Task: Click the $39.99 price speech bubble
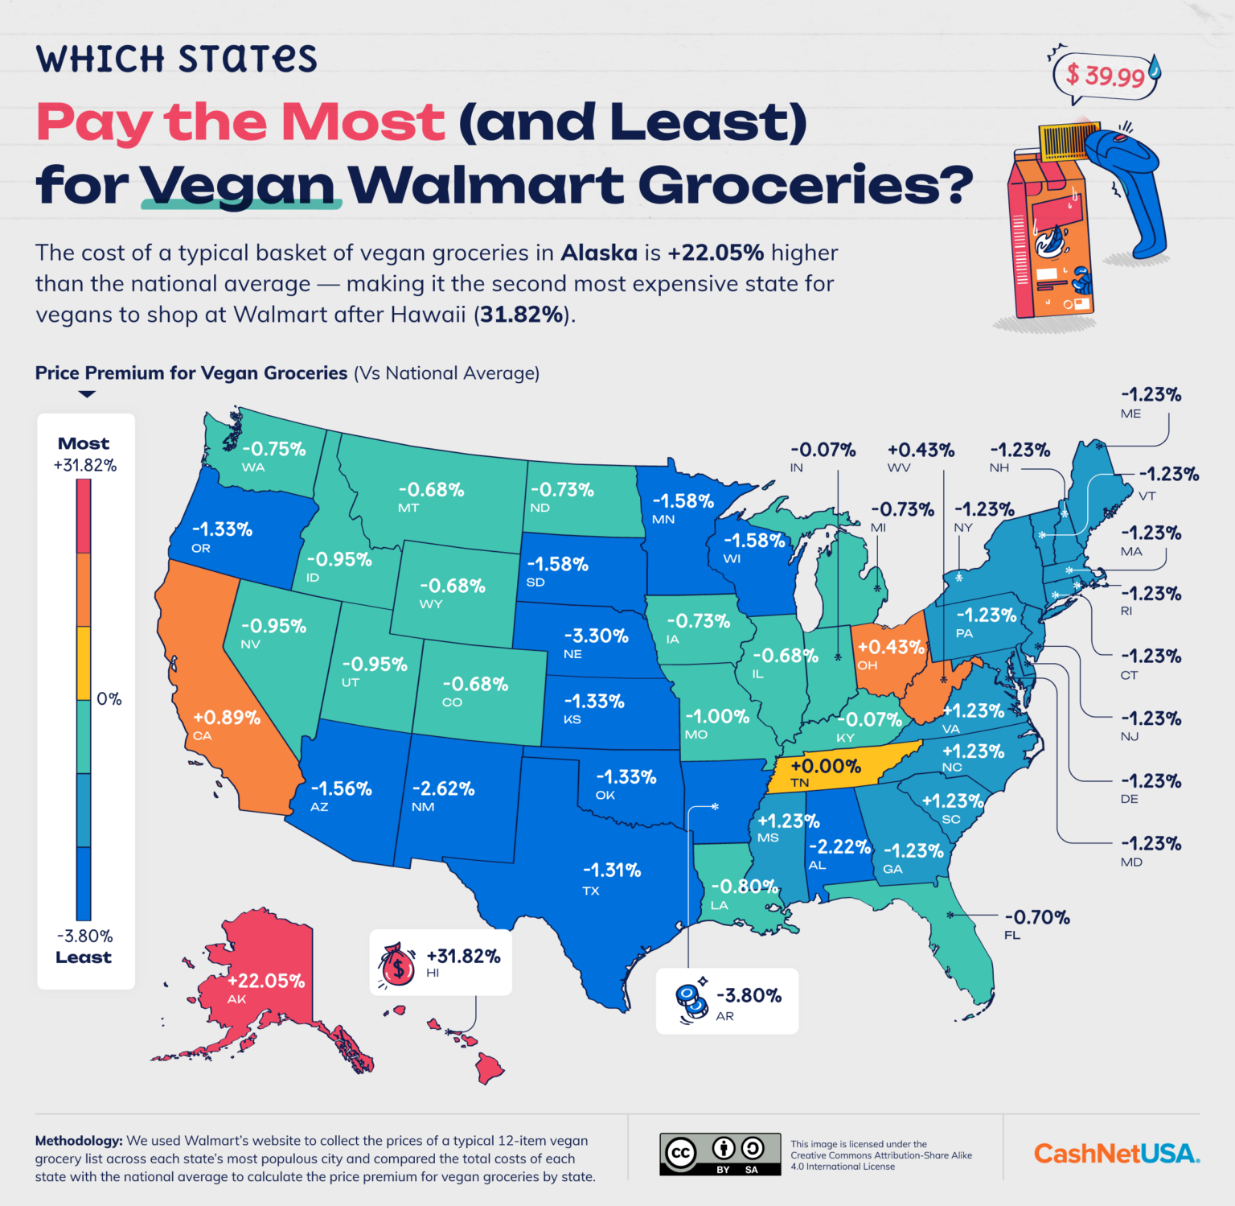click(x=1105, y=76)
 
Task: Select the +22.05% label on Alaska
click(x=266, y=981)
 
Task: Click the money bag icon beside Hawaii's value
click(x=397, y=965)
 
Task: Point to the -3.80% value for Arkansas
click(x=749, y=995)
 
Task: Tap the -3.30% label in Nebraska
click(x=596, y=636)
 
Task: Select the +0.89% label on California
click(x=227, y=717)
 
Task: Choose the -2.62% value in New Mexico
click(x=443, y=788)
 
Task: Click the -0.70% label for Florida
click(x=1037, y=917)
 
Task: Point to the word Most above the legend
click(x=84, y=443)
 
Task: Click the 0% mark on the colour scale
click(x=109, y=698)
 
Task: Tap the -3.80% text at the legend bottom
click(x=84, y=936)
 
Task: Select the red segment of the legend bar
click(x=84, y=515)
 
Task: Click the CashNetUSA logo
click(x=1116, y=1154)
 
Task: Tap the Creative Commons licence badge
click(x=720, y=1154)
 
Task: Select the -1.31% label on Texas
click(x=612, y=870)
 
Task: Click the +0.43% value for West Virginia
click(x=921, y=450)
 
